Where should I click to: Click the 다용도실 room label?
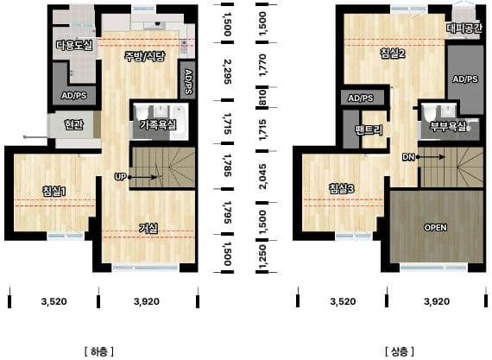tap(75, 45)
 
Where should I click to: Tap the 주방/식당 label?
tap(145, 56)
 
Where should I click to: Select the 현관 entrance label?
tap(73, 124)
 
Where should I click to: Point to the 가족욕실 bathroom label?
tap(158, 125)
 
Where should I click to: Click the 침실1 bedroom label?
tap(54, 191)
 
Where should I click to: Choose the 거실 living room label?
tap(148, 228)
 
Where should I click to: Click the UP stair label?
tap(120, 177)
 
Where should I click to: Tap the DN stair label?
tap(408, 157)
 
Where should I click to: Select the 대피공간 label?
tap(464, 28)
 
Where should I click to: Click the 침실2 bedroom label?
tap(393, 54)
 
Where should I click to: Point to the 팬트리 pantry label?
tap(369, 129)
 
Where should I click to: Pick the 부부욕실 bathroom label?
tap(448, 126)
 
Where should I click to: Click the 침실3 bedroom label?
tap(342, 188)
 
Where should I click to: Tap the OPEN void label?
tap(435, 227)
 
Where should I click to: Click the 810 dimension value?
tap(262, 98)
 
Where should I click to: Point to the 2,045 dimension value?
tap(262, 176)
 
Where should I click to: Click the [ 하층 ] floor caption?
tap(99, 351)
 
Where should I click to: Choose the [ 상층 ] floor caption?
tap(399, 351)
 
